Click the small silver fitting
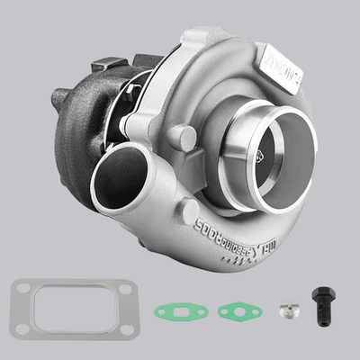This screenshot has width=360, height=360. pyautogui.click(x=286, y=311)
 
